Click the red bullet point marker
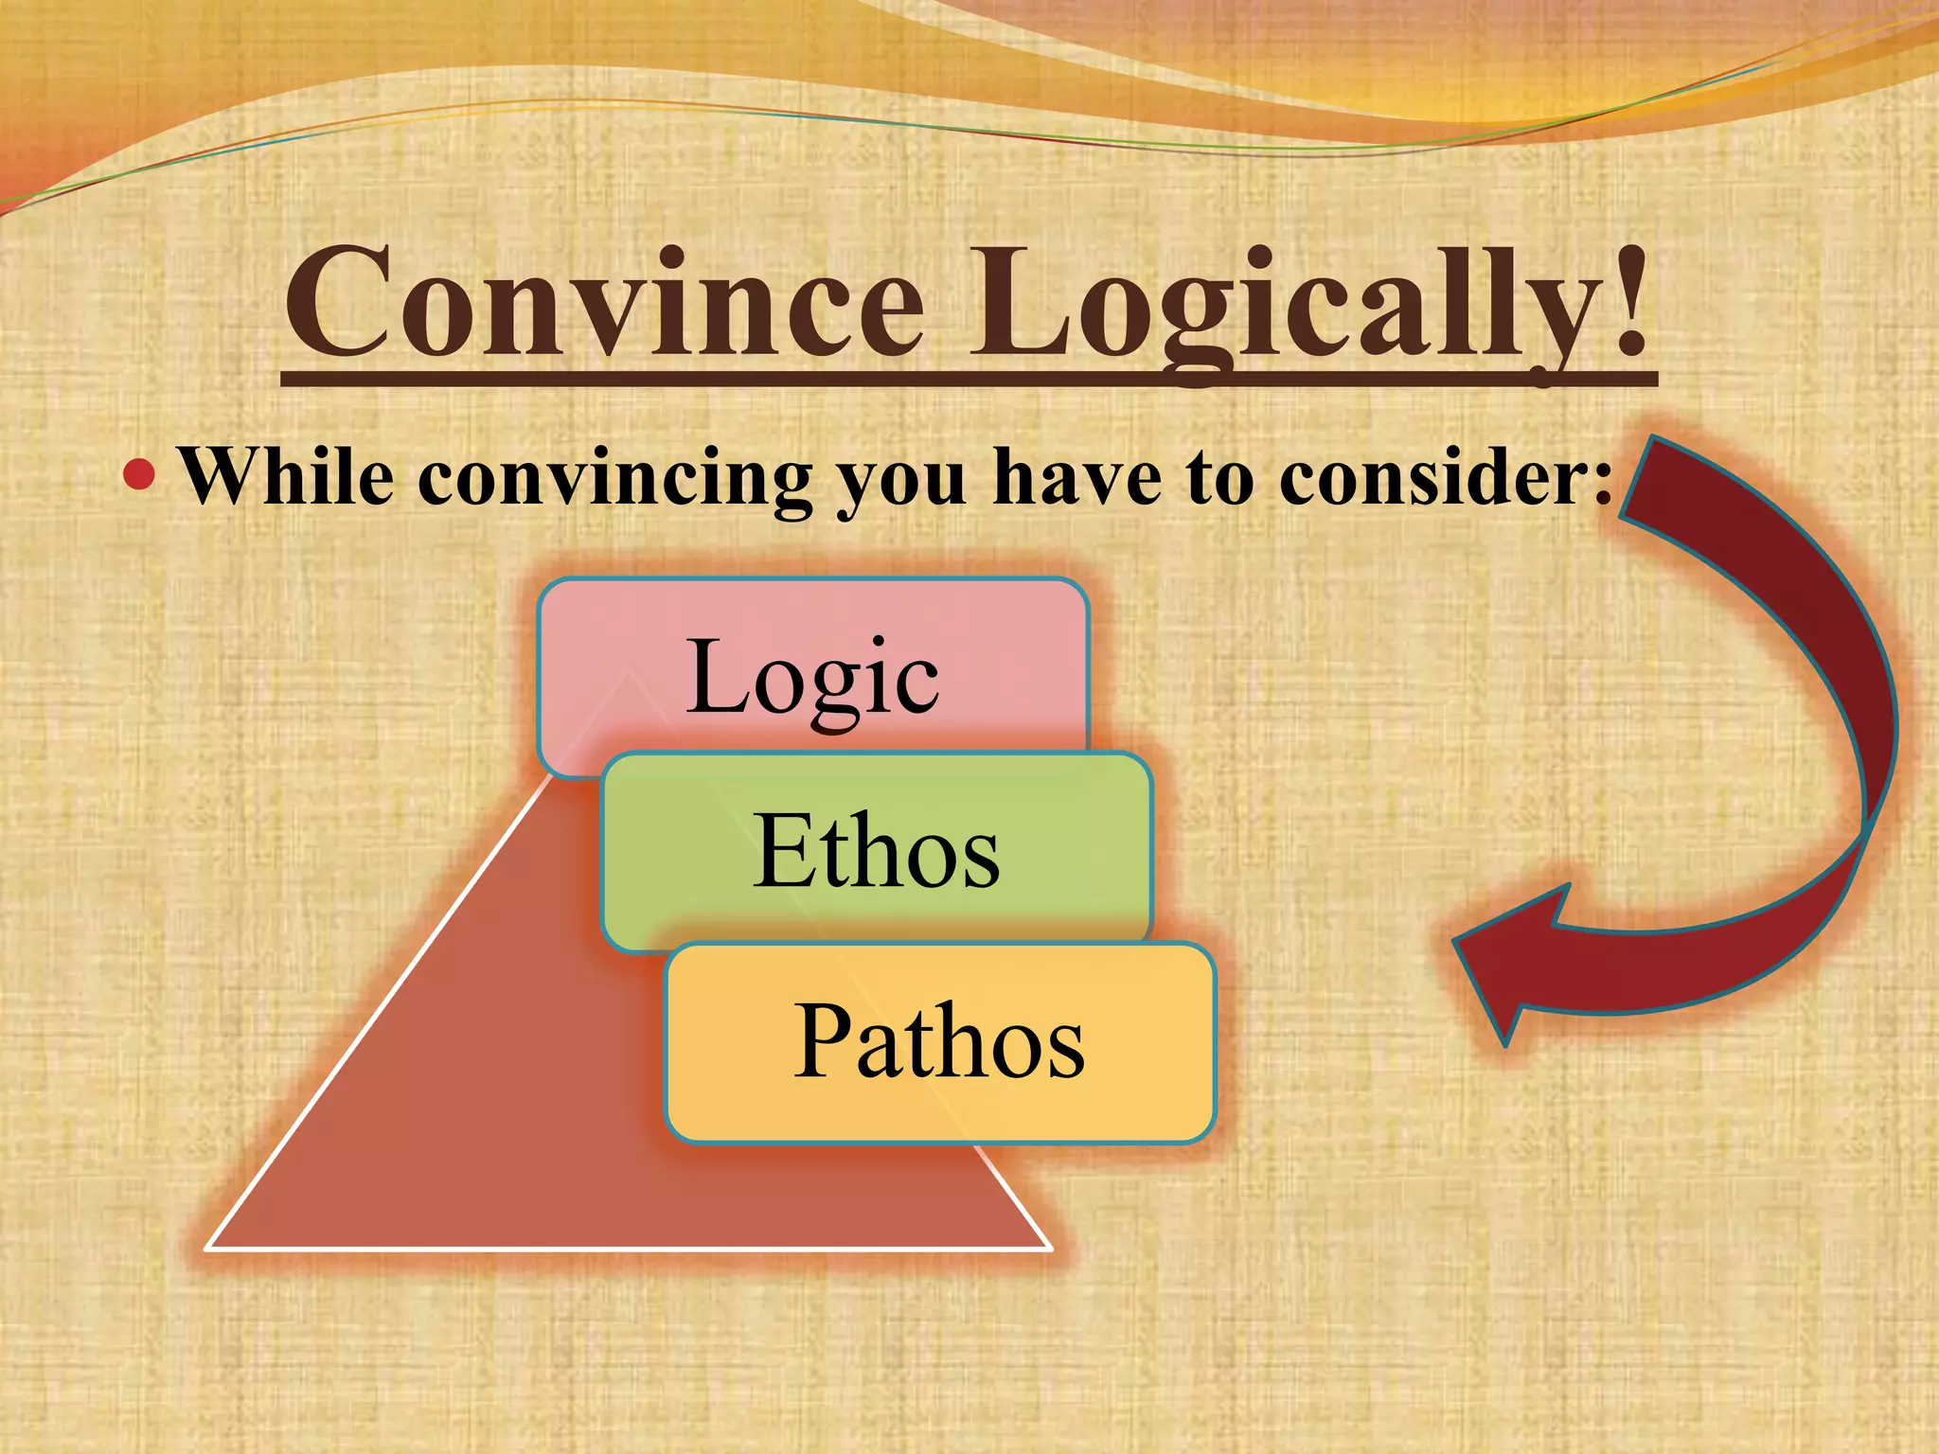tap(139, 474)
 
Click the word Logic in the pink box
tap(812, 677)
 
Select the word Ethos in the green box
tap(876, 851)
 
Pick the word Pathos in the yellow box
tap(938, 1041)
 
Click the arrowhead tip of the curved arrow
tap(1458, 941)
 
